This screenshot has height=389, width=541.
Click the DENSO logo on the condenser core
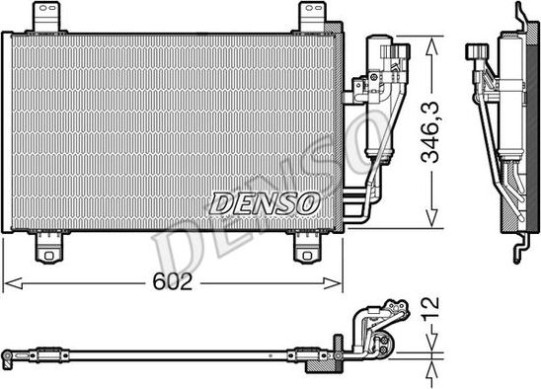pos(265,203)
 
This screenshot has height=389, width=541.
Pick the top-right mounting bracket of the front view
pos(311,16)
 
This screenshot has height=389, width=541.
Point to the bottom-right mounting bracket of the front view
pos(308,247)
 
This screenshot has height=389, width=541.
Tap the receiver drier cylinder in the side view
pos(511,99)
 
